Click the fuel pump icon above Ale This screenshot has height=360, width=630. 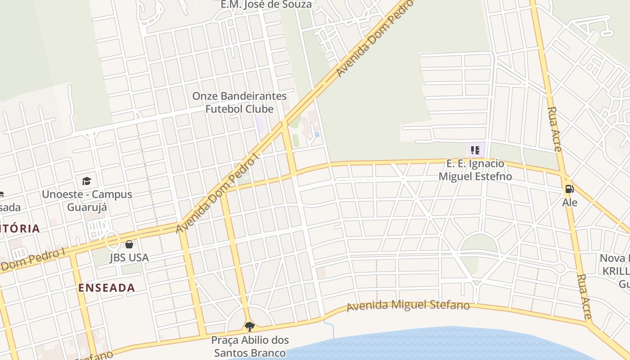569,189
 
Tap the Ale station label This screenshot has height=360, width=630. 570,202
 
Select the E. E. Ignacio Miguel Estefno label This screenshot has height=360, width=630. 475,170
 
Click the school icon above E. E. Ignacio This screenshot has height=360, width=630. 475,150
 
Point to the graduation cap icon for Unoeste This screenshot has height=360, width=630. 86,181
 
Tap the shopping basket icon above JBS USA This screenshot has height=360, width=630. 129,244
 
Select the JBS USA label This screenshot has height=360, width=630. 129,258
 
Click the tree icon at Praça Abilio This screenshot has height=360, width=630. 249,326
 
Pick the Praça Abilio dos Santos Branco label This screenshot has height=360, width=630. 250,346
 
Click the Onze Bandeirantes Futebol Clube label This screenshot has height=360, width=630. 239,103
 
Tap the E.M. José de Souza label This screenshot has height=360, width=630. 266,4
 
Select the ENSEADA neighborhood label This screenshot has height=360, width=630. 107,288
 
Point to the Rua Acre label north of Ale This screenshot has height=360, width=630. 554,129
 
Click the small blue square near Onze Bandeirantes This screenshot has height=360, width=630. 317,134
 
